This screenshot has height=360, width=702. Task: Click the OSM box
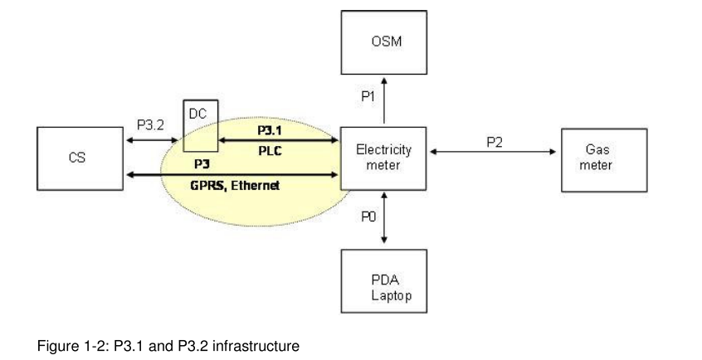[383, 41]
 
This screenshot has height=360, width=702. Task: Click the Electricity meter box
[383, 158]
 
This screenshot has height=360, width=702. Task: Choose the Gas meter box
[603, 158]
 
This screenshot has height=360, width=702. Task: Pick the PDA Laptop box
[383, 281]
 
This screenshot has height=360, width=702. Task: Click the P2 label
[494, 142]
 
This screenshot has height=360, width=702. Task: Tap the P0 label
[368, 216]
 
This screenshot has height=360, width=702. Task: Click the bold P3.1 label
[270, 130]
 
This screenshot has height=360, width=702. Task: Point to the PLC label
[270, 150]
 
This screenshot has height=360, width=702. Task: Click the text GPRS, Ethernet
[235, 186]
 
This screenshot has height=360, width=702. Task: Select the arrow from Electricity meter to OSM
[383, 100]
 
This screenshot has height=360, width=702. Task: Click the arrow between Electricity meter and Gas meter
[494, 152]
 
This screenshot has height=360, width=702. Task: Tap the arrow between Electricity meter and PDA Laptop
[383, 217]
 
